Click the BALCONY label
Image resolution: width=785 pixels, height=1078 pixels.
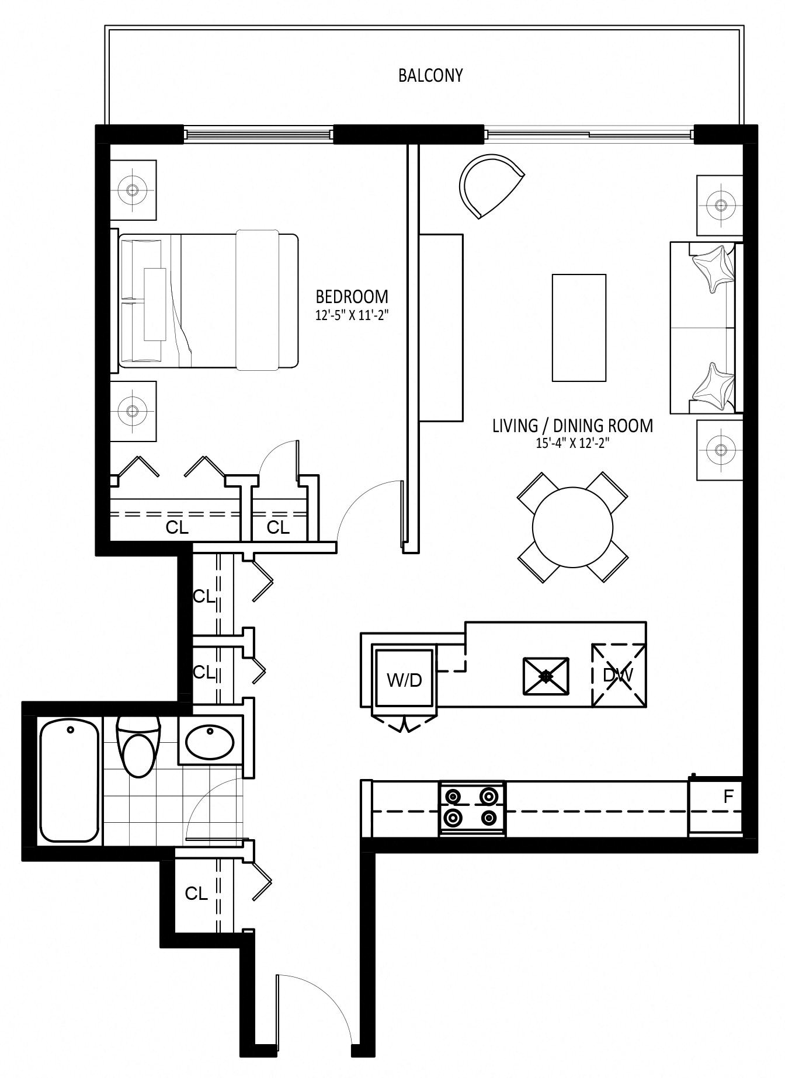pyautogui.click(x=430, y=75)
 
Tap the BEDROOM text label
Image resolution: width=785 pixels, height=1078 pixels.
pyautogui.click(x=352, y=296)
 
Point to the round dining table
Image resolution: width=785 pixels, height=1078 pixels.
pyautogui.click(x=572, y=527)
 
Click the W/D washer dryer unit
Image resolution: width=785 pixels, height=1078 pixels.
pyautogui.click(x=404, y=679)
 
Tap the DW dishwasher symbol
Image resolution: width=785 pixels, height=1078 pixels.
pyautogui.click(x=619, y=675)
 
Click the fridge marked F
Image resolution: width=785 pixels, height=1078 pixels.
pyautogui.click(x=715, y=806)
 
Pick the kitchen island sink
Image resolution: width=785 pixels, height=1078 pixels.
pyautogui.click(x=546, y=676)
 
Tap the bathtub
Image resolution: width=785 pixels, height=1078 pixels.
pyautogui.click(x=69, y=781)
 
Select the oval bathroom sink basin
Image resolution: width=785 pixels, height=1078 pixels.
pyautogui.click(x=210, y=741)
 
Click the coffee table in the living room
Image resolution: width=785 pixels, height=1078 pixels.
pyautogui.click(x=579, y=328)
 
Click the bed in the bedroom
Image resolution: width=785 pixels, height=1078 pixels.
pyautogui.click(x=209, y=301)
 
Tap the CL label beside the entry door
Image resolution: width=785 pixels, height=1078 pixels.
pyautogui.click(x=196, y=893)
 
